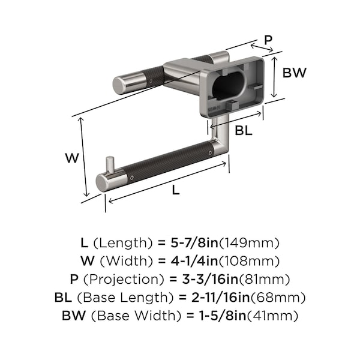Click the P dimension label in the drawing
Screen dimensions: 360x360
[x=268, y=40]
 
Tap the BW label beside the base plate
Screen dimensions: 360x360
[x=295, y=73]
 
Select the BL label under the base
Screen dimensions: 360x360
[x=244, y=130]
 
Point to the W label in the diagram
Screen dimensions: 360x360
[x=72, y=158]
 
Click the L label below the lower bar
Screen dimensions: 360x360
[x=176, y=190]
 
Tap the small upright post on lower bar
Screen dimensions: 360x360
[x=110, y=165]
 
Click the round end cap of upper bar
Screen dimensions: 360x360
[x=119, y=85]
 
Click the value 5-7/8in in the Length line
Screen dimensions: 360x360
[x=194, y=242]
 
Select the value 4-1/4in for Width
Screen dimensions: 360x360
[x=194, y=261]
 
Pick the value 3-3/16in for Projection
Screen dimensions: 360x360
[x=210, y=279]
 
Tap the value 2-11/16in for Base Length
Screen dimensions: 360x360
[x=220, y=298]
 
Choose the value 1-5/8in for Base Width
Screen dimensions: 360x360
[x=223, y=316]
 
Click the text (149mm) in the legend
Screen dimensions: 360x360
[x=249, y=243]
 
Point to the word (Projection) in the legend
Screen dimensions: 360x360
[x=124, y=280]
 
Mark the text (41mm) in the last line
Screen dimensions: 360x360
[x=272, y=316]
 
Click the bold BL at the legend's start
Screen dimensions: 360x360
[x=63, y=298]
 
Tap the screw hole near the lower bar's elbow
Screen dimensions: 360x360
[x=211, y=152]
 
